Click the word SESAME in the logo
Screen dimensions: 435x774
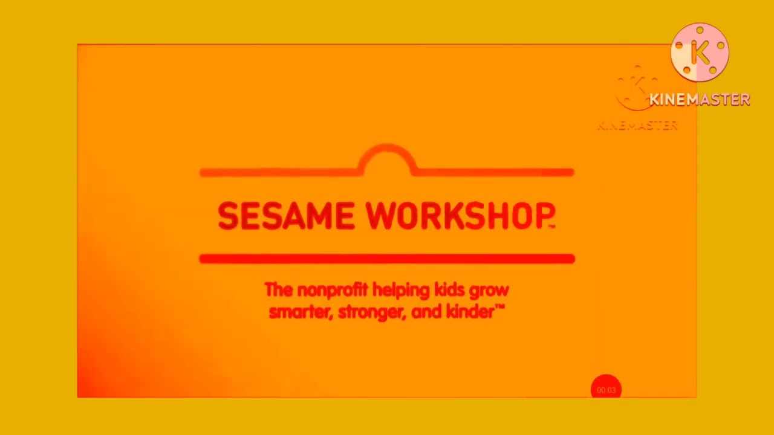tap(285, 216)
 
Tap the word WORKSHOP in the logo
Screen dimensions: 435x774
tap(460, 216)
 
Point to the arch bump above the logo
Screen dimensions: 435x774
tap(387, 157)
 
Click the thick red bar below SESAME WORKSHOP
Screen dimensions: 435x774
tap(387, 259)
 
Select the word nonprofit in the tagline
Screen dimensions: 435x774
tap(332, 290)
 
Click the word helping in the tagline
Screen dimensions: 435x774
tap(401, 290)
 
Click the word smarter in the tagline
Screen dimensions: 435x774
tap(300, 312)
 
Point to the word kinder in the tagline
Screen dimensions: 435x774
tap(469, 312)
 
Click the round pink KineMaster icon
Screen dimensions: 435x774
tap(700, 53)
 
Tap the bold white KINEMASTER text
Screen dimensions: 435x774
tap(700, 100)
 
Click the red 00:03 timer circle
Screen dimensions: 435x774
tap(606, 390)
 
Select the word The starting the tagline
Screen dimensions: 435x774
tap(278, 290)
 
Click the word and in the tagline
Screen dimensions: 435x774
tap(426, 312)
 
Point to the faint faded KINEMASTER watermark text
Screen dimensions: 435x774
tap(637, 126)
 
